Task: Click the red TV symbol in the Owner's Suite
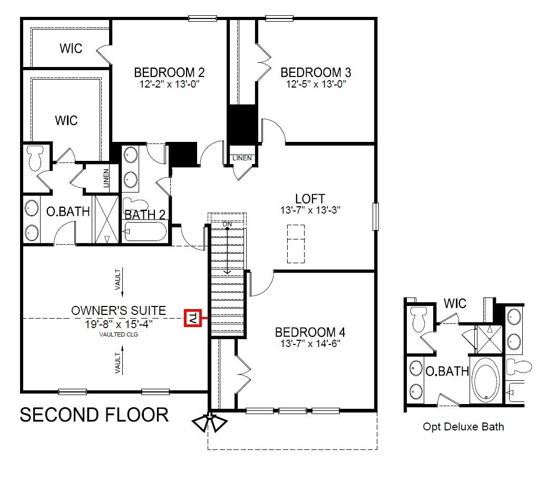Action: (192, 318)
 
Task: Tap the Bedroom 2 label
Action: (169, 72)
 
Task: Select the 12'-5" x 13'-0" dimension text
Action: (316, 84)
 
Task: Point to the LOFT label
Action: (310, 199)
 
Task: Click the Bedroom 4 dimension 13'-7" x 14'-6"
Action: (310, 343)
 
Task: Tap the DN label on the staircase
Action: (227, 224)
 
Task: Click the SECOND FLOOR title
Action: (94, 415)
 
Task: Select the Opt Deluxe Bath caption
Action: (463, 427)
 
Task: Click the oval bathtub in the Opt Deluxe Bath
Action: (486, 380)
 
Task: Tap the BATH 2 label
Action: (145, 215)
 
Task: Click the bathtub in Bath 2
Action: (145, 232)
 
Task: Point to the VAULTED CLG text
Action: (119, 334)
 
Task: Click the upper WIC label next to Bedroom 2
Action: (71, 49)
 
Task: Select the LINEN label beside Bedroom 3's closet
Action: (242, 158)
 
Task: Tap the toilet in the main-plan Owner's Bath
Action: (35, 158)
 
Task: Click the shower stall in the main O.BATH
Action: (106, 219)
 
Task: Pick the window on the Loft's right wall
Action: (376, 217)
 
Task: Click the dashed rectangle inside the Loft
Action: (296, 244)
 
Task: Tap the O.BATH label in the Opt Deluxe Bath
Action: (447, 371)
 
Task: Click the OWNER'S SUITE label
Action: (119, 311)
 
